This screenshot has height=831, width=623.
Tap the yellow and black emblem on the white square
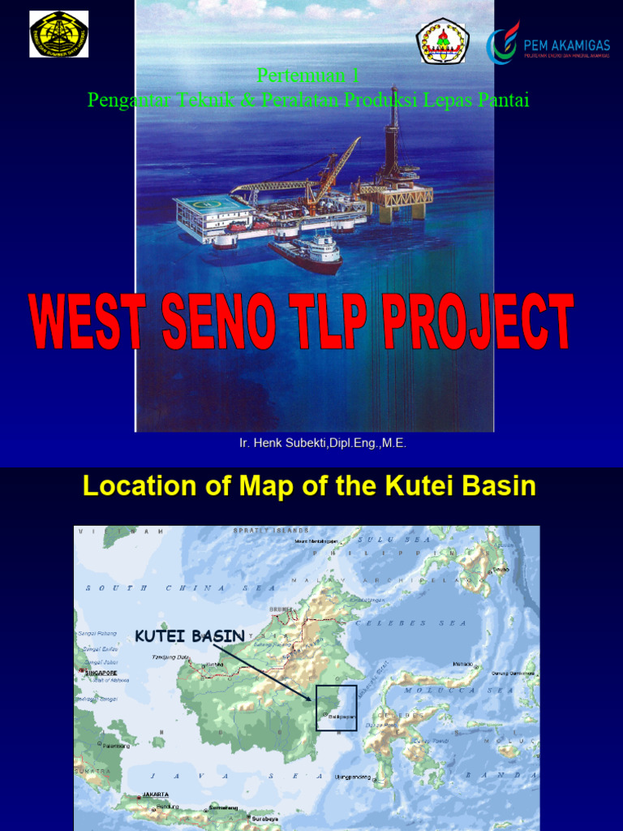[x=58, y=34]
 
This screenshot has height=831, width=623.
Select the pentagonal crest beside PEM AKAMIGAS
[x=442, y=41]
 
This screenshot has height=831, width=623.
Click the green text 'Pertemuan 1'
[x=308, y=75]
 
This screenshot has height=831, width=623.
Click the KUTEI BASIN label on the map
[x=189, y=635]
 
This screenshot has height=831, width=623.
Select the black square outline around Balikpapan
[x=336, y=708]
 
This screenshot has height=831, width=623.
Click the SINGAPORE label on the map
[x=101, y=673]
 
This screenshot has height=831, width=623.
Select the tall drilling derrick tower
[x=394, y=130]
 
